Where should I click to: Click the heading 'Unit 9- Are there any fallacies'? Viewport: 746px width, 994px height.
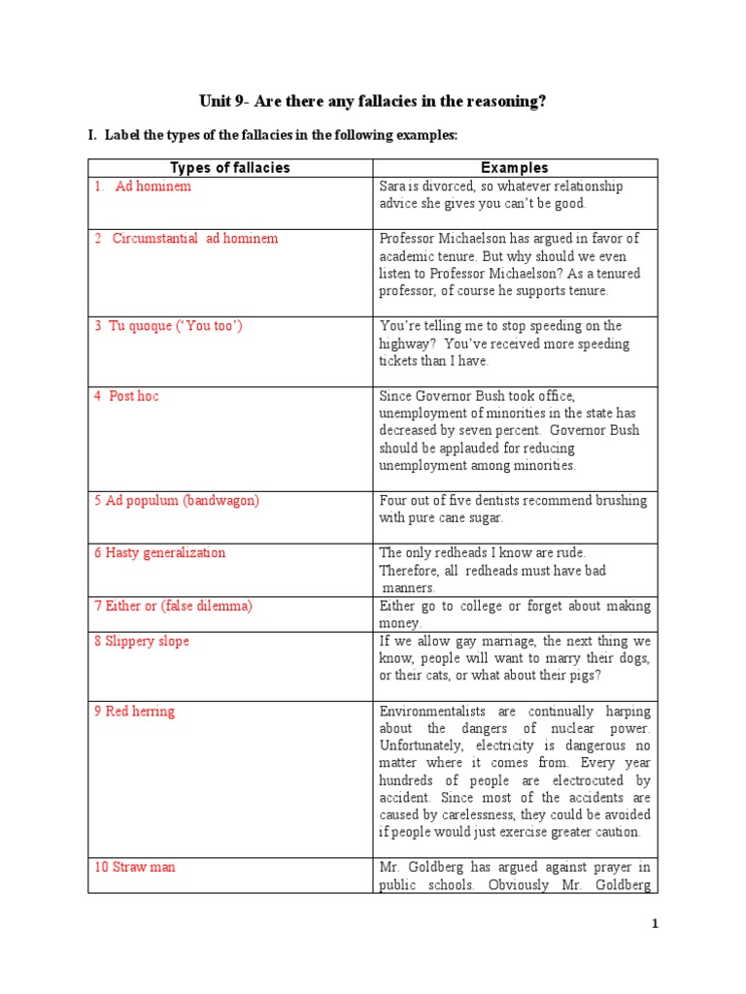tap(372, 101)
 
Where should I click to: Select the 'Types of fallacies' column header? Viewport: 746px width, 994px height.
tap(230, 168)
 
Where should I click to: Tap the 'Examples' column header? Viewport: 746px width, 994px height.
tap(515, 168)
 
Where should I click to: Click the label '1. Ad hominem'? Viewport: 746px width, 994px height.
tap(143, 186)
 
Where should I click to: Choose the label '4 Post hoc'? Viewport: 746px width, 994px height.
tap(126, 396)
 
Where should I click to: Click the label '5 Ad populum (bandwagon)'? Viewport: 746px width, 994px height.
tap(177, 501)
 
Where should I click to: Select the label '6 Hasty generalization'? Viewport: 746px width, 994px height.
tap(159, 553)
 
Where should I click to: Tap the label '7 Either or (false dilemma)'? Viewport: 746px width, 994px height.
tap(173, 606)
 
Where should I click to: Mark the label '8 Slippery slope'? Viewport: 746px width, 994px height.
tap(142, 642)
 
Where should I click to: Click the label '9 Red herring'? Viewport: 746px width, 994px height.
tap(134, 712)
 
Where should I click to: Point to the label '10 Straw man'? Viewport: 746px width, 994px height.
tap(134, 867)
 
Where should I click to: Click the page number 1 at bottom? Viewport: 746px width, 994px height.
tap(656, 925)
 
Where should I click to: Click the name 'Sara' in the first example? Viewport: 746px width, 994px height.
tap(392, 186)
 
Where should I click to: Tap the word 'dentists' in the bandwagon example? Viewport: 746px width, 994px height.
tap(485, 501)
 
